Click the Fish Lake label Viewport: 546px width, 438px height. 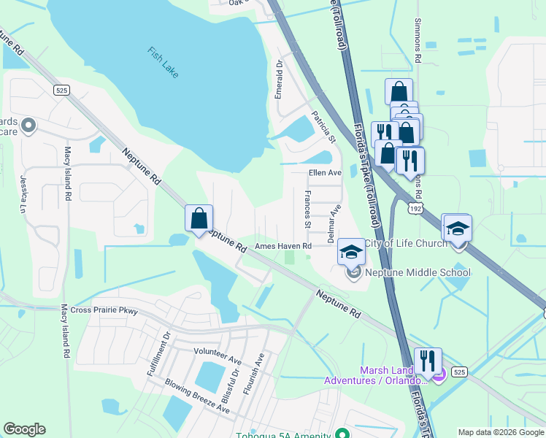pos(163,63)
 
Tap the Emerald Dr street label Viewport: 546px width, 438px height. pos(278,80)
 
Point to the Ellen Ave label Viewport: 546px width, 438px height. pos(325,173)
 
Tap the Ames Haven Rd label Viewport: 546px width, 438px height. pos(283,247)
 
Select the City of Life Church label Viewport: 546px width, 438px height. pos(405,243)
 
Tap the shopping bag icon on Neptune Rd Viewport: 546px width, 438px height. pos(199,218)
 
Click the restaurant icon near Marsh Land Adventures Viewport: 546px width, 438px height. pos(428,361)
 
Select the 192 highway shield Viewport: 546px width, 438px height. pos(415,208)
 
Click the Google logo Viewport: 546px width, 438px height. pos(24,429)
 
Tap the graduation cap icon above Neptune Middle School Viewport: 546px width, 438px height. pos(351,252)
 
